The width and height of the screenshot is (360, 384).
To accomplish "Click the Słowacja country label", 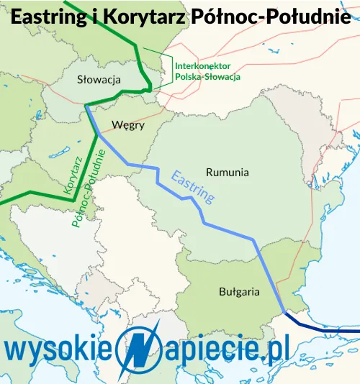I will coord(99,79).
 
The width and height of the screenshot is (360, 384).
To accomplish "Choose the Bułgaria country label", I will coord(239,292).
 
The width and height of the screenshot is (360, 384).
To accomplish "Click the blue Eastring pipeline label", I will coord(193,186).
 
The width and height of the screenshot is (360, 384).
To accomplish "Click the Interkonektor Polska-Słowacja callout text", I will coord(207,70).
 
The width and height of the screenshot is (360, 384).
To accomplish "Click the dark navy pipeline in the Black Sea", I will coord(324,329).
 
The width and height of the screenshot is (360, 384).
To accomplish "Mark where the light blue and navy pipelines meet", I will coord(283,311).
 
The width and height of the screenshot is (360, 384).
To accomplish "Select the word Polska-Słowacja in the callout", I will coord(207,76).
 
